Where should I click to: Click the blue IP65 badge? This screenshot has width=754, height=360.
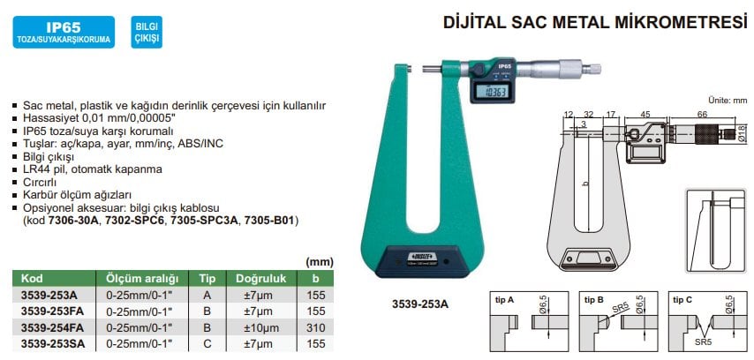[64, 32]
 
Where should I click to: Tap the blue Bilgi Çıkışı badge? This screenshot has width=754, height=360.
[147, 32]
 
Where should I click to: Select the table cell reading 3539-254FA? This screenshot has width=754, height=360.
[52, 328]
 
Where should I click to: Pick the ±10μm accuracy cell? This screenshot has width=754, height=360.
[260, 328]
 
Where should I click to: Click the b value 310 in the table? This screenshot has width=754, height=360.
[315, 328]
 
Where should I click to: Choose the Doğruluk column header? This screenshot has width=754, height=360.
[260, 278]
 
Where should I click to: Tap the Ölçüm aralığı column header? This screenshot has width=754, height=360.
[137, 278]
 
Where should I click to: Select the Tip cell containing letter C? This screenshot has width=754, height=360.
[207, 344]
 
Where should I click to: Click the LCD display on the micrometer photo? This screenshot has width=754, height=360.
[494, 93]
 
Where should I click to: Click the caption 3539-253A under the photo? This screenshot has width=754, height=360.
[420, 304]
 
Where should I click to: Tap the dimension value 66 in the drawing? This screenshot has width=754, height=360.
[702, 114]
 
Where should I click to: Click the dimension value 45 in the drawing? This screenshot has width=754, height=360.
[645, 114]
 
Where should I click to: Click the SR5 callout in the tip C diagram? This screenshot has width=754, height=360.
[704, 343]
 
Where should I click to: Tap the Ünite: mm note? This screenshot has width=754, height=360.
[728, 101]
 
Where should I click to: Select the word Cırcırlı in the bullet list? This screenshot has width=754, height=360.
[40, 182]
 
